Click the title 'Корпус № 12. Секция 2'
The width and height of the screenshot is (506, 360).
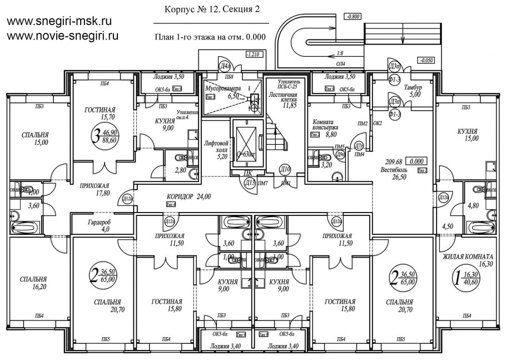[x=212, y=9]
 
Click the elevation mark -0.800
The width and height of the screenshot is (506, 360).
[x=353, y=17]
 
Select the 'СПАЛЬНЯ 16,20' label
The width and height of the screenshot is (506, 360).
[x=33, y=283]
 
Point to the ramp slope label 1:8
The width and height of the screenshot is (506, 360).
[x=340, y=54]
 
